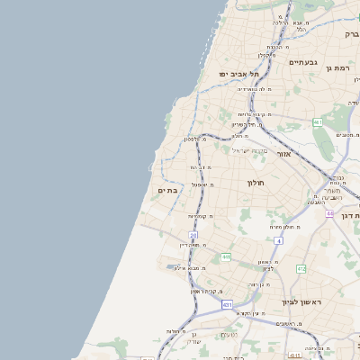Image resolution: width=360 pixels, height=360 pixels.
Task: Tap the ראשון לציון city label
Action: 294,302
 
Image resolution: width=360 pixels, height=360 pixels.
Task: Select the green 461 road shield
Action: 318,121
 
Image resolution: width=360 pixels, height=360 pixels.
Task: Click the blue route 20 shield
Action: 193,235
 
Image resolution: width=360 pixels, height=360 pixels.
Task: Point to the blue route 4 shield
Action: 278,241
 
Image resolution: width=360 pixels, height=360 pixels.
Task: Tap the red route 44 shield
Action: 330,213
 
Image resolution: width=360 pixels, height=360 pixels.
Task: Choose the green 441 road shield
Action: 226,257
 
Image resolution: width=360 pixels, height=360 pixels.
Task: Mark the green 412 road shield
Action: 301,268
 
